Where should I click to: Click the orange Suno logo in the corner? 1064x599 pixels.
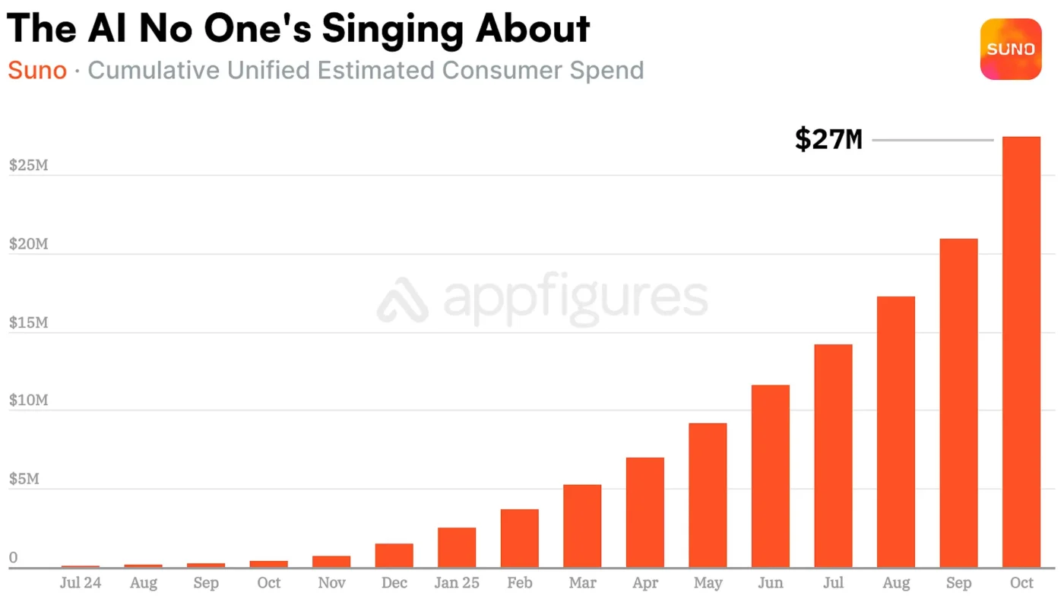pyautogui.click(x=1011, y=49)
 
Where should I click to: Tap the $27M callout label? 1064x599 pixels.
pyautogui.click(x=828, y=140)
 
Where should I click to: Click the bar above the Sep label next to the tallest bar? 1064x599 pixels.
pyautogui.click(x=958, y=403)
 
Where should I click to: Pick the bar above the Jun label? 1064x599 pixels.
pyautogui.click(x=770, y=476)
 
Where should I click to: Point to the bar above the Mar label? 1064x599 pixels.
pyautogui.click(x=582, y=526)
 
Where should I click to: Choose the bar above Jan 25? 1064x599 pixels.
pyautogui.click(x=457, y=547)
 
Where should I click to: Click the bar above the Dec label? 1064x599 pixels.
pyautogui.click(x=394, y=555)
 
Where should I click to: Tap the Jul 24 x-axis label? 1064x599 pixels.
pyautogui.click(x=81, y=583)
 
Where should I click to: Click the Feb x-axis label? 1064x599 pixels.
pyautogui.click(x=520, y=583)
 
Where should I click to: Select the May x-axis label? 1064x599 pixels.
pyautogui.click(x=708, y=583)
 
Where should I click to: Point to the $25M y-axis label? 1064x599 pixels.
pyautogui.click(x=29, y=165)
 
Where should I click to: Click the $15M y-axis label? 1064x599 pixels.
pyautogui.click(x=29, y=322)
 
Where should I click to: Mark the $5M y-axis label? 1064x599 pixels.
pyautogui.click(x=24, y=479)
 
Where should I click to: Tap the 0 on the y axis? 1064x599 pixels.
pyautogui.click(x=13, y=558)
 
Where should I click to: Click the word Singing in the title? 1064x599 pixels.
pyautogui.click(x=392, y=29)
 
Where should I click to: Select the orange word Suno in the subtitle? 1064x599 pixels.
pyautogui.click(x=37, y=71)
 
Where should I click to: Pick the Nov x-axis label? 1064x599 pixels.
pyautogui.click(x=331, y=583)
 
